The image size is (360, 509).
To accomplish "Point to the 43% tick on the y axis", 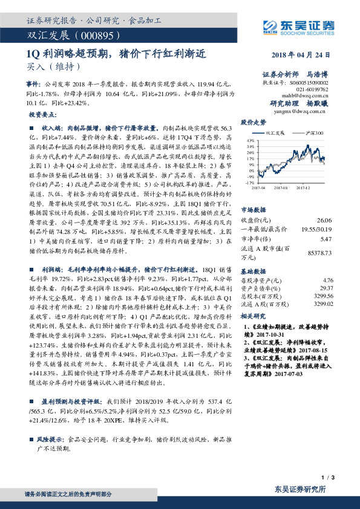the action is pyautogui.click(x=249, y=140).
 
